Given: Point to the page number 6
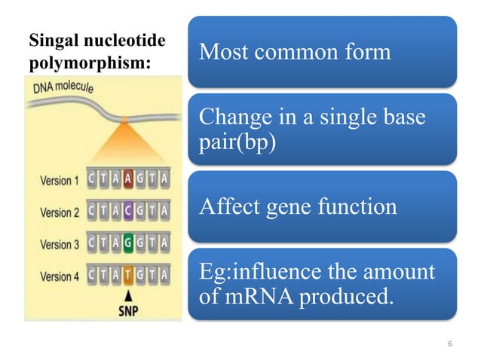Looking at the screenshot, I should (449, 344).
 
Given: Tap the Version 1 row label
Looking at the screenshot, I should (59, 181).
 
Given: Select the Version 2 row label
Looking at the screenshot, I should (59, 212).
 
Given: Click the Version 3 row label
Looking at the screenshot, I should (59, 244).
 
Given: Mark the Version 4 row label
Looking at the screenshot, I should (59, 276).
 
